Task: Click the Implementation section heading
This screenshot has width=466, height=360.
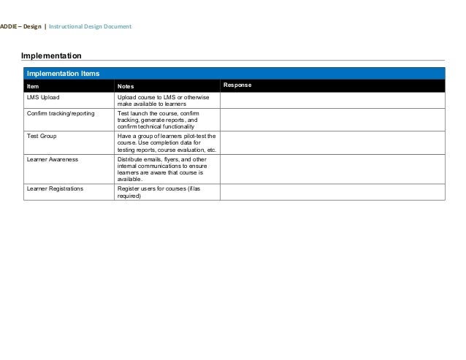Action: click(x=50, y=55)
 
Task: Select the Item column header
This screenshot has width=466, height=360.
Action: click(x=33, y=86)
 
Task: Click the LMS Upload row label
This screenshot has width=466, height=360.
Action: click(x=43, y=97)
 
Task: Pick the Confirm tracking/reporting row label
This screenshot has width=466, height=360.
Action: click(x=61, y=113)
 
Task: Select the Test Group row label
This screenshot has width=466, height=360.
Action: click(x=42, y=136)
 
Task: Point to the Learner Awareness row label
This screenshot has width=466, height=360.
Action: click(x=53, y=158)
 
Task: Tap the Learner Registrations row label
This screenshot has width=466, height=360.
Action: click(x=55, y=188)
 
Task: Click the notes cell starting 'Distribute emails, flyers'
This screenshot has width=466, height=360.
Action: click(x=165, y=169)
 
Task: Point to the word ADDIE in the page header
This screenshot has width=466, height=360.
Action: click(x=9, y=27)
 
